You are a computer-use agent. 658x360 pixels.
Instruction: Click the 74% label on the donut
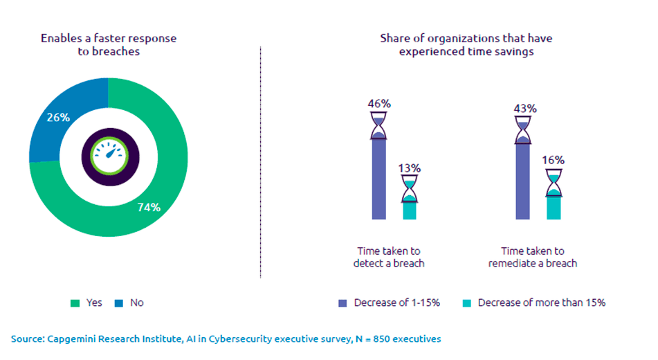coord(149,207)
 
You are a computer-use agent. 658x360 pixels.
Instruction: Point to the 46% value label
coord(379,104)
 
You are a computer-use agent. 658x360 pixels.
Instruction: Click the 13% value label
coord(410,168)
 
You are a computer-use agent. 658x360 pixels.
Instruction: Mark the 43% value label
coord(523,109)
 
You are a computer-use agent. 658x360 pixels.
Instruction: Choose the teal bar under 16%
coord(554,208)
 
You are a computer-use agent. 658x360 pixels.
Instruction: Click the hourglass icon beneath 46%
coord(379,127)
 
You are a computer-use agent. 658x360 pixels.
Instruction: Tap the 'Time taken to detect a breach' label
coord(389,257)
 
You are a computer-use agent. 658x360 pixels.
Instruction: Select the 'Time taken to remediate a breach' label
coord(533,257)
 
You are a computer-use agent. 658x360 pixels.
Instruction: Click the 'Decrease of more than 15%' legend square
coord(466,303)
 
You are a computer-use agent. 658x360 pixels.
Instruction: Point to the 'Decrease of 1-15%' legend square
coord(342,303)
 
